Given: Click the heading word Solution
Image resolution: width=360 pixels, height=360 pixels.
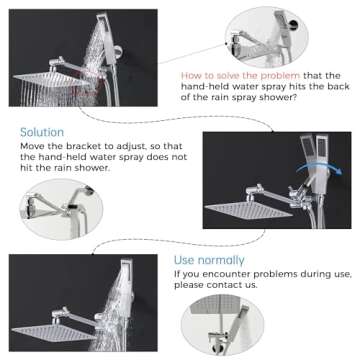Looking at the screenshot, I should tap(42, 132).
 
